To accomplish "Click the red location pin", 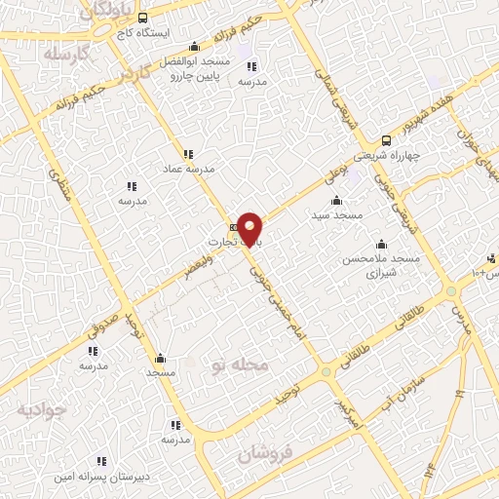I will coord(250,228).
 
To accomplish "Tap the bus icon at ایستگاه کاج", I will coord(143,18).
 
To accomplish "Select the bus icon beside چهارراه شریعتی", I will coord(388,139).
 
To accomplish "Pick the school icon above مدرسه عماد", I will coord(187,153).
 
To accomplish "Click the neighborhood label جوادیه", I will coord(40,410).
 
